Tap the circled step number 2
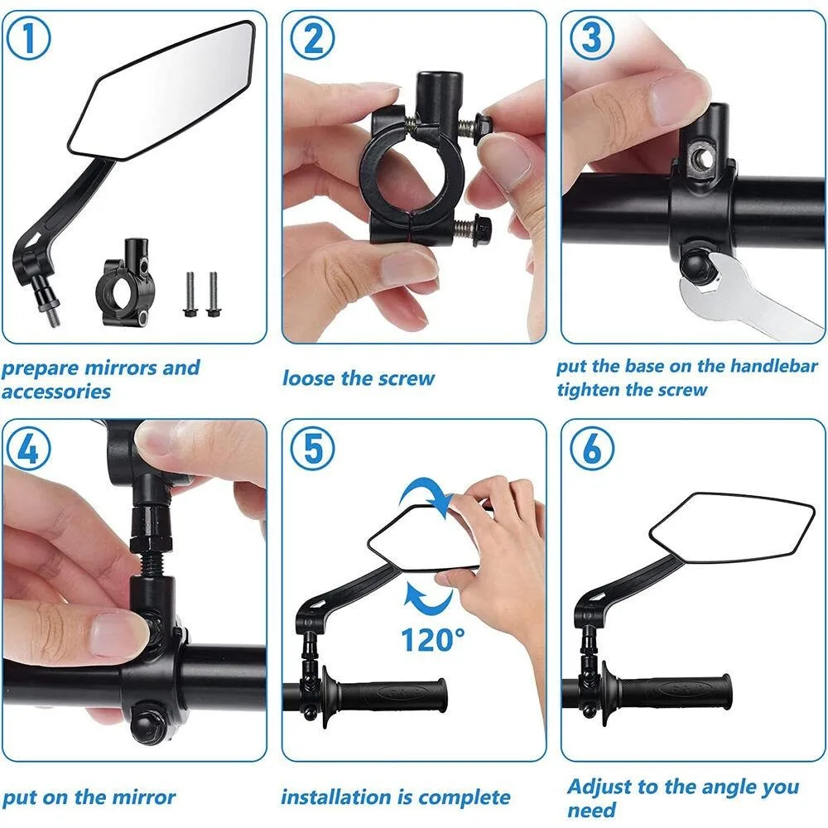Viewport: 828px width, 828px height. coord(312,40)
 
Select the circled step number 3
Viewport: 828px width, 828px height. coord(592,40)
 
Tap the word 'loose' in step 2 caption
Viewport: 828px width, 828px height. coord(310,378)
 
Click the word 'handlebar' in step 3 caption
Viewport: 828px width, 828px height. coord(769,366)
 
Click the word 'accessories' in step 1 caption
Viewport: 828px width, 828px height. coord(55,392)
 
